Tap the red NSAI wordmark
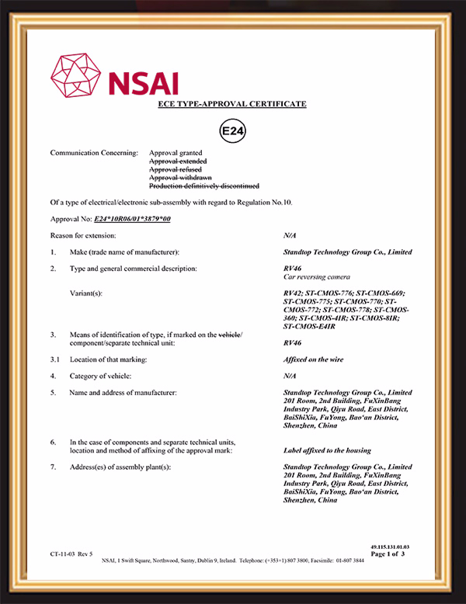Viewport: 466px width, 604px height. coord(144,83)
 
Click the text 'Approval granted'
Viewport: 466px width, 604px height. coord(176,153)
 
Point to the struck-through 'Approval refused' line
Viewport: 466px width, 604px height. coord(176,169)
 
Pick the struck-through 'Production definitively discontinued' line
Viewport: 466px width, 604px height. coord(204,186)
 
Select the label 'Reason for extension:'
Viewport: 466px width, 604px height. coord(84,234)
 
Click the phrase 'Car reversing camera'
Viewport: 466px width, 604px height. coord(317,276)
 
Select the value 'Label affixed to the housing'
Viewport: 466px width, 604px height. coord(327,450)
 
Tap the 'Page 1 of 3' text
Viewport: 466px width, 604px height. coord(389,554)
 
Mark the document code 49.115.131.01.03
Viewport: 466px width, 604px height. coord(389,547)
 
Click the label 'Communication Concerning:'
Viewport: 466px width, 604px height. coord(94,153)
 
